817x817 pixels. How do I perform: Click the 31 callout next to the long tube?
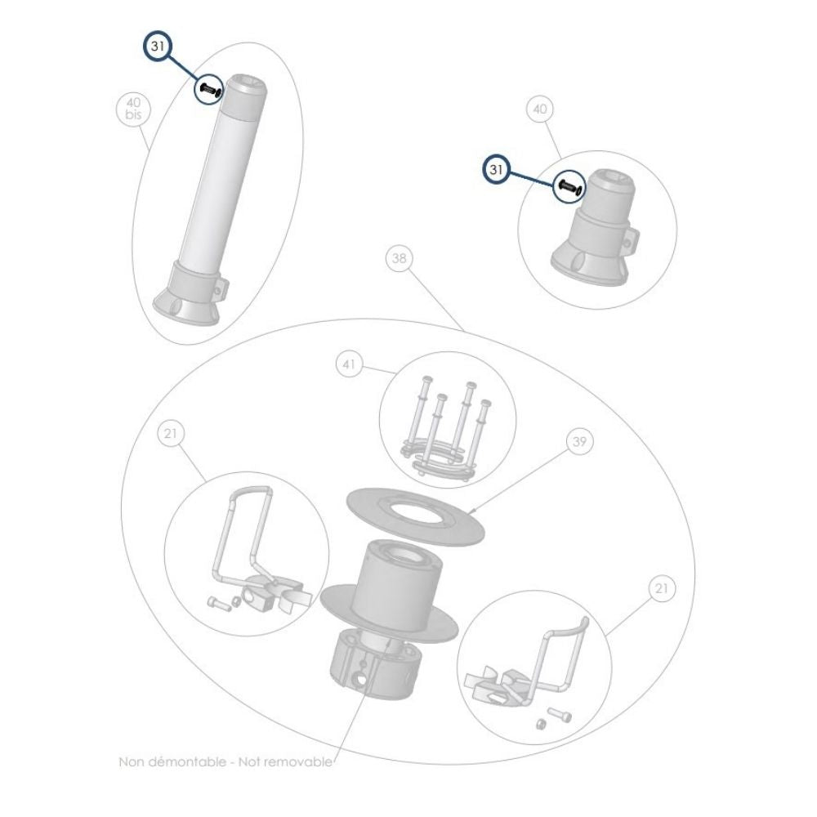pyautogui.click(x=158, y=48)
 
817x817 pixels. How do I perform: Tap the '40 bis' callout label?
pyautogui.click(x=133, y=109)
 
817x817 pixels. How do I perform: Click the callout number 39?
pyautogui.click(x=579, y=441)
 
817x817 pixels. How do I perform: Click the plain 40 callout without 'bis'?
pyautogui.click(x=539, y=109)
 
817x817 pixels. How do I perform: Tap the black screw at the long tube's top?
pyautogui.click(x=209, y=90)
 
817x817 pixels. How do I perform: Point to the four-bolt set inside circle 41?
pyautogui.click(x=450, y=425)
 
